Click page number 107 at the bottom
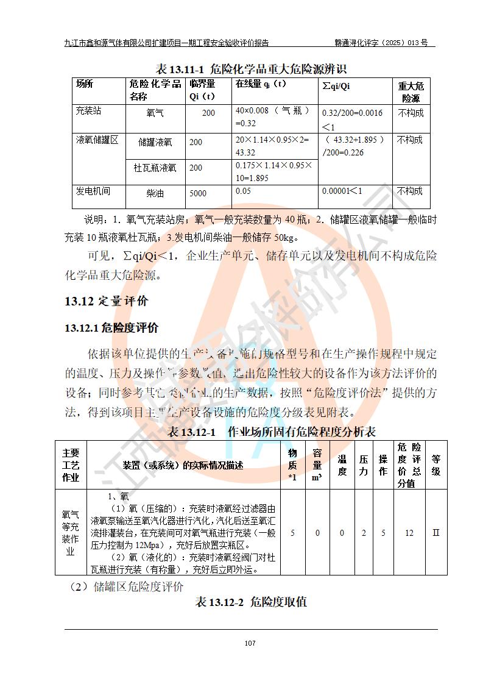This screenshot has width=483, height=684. pos(249,643)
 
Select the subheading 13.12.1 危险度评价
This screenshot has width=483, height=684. pos(111,328)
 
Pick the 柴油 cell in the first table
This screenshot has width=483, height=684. pos(155,194)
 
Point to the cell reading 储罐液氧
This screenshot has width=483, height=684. pos(155,142)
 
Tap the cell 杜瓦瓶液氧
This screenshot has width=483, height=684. pos(155,168)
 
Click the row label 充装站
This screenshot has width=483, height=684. pos(88,112)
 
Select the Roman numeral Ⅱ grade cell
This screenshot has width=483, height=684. pos(435,532)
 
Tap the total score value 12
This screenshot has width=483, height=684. pos(409,533)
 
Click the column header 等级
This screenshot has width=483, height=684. pos(435,465)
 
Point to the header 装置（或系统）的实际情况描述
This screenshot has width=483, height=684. pos(183,465)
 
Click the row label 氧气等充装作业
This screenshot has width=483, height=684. pos(71,533)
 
